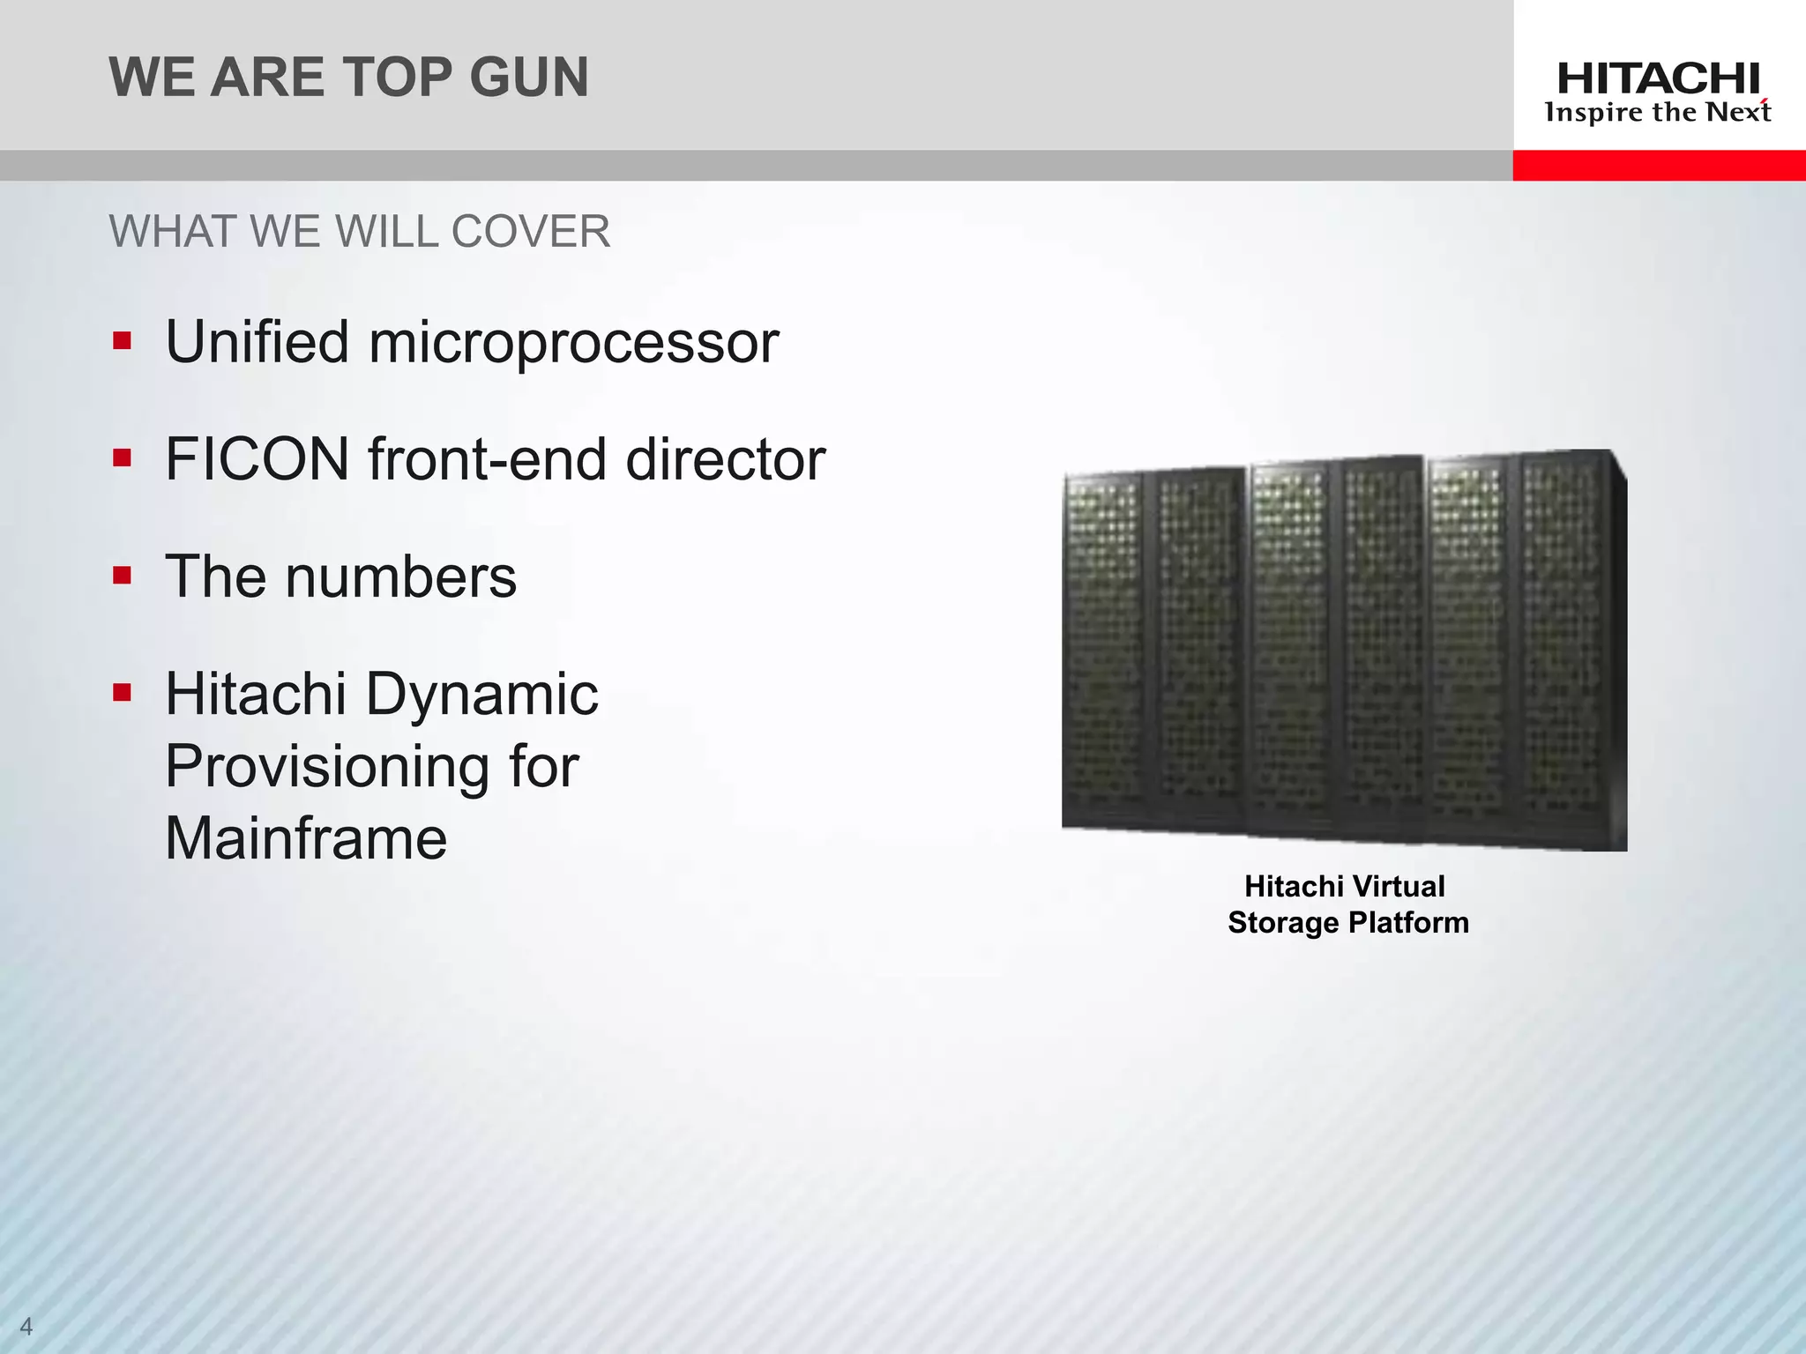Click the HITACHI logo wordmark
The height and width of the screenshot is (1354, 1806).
tap(1658, 80)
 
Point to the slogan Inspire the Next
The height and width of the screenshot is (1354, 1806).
tap(1658, 113)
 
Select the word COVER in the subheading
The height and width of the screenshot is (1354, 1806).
tap(530, 233)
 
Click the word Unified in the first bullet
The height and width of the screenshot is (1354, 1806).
tap(257, 342)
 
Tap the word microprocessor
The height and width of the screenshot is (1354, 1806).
tap(574, 344)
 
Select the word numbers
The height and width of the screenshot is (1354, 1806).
tap(401, 577)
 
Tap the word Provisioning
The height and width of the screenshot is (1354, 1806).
tap(327, 767)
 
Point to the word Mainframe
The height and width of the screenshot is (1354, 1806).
tap(306, 838)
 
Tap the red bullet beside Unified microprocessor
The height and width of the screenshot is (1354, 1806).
tap(122, 341)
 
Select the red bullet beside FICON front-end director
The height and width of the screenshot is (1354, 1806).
tap(122, 458)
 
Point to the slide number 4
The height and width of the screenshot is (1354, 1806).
tap(26, 1326)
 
